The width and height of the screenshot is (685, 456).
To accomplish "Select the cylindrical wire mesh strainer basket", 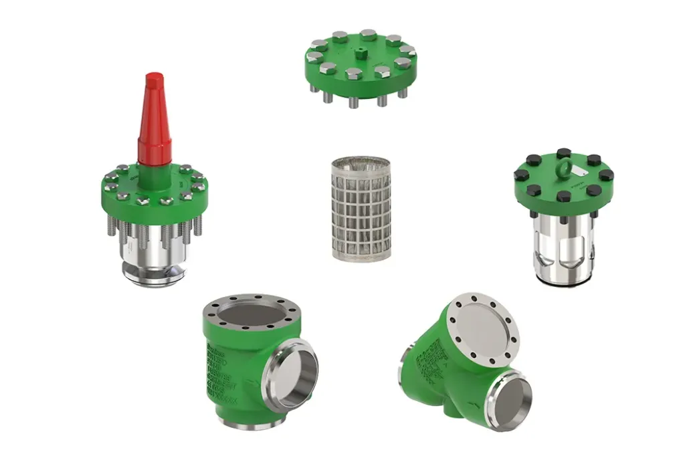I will pos(361,209).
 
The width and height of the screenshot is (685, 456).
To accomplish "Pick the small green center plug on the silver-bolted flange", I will pos(361,53).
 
